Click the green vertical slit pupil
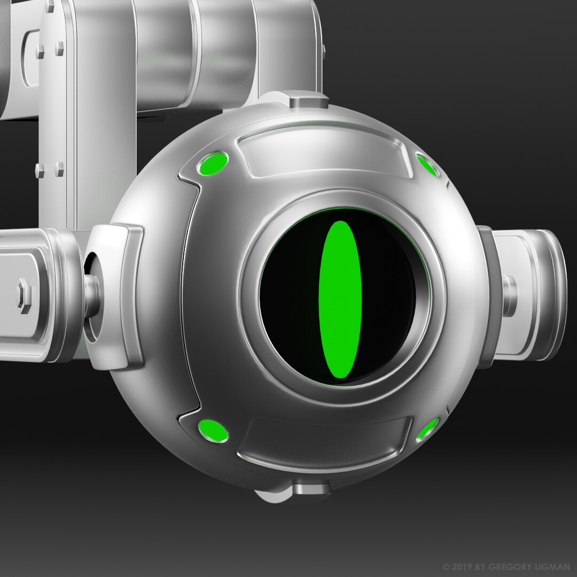[x=340, y=299]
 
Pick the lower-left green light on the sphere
[x=213, y=431]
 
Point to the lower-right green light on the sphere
[x=427, y=428]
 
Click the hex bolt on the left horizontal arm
[x=24, y=295]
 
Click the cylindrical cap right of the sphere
[x=529, y=295]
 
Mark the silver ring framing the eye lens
[x=251, y=299]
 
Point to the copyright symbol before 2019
[x=446, y=567]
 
